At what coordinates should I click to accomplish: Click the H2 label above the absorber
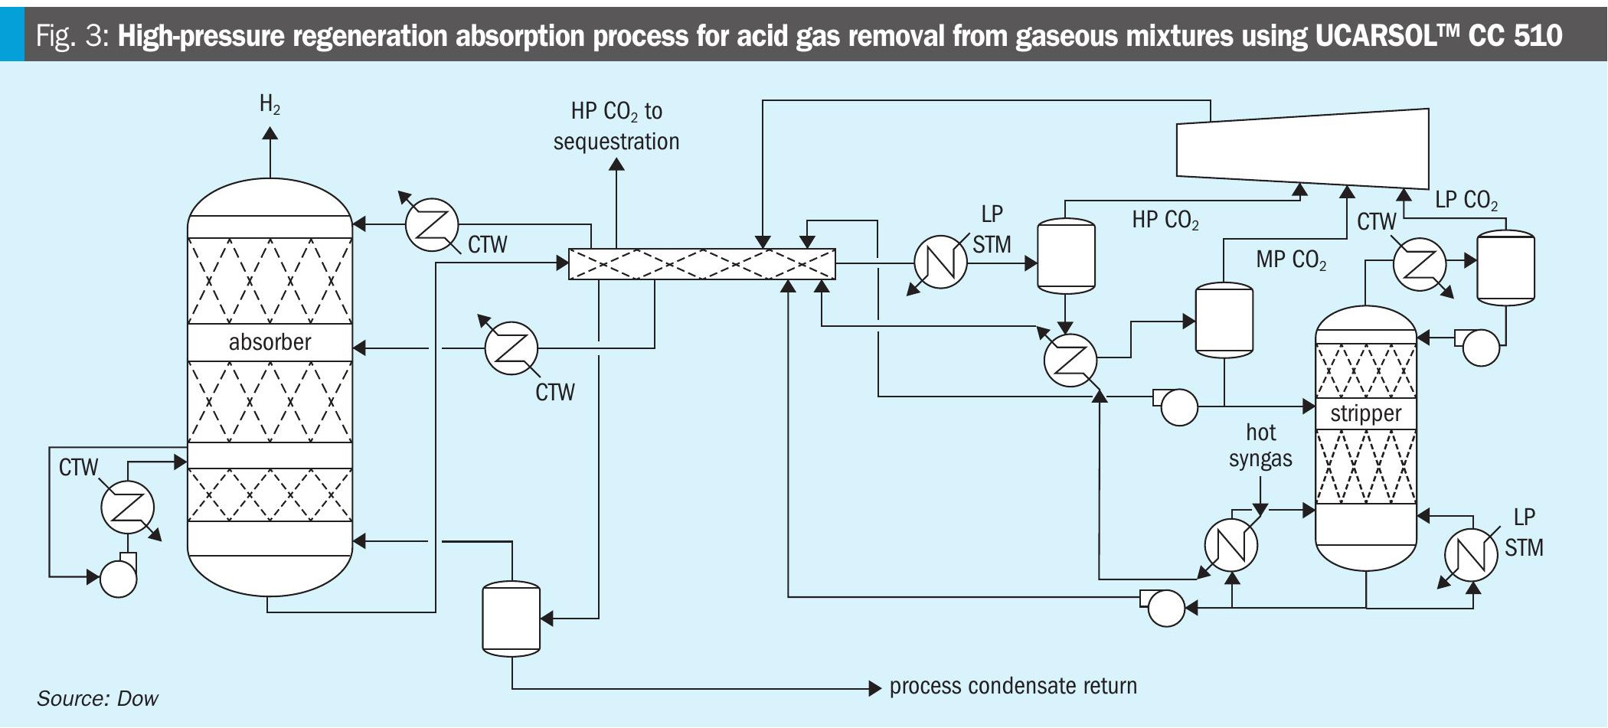[x=270, y=104]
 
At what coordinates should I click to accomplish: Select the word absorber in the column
[x=270, y=341]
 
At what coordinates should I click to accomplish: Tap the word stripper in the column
[x=1365, y=413]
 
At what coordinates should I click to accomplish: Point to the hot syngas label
[x=1260, y=446]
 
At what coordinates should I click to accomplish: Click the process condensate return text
[x=1012, y=686]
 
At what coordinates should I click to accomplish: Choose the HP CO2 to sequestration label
[x=616, y=126]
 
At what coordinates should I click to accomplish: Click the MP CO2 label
[x=1291, y=260]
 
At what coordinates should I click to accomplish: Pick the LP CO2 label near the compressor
[x=1466, y=200]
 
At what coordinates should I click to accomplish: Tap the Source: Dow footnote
[x=97, y=698]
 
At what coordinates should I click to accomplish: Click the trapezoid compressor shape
[x=1302, y=148]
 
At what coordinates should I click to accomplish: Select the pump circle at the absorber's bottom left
[x=118, y=579]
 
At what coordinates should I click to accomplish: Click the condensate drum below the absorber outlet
[x=511, y=619]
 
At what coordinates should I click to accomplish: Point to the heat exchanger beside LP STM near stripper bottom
[x=1471, y=554]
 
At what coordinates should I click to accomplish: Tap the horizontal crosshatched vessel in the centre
[x=701, y=264]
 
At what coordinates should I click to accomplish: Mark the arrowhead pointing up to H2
[x=270, y=133]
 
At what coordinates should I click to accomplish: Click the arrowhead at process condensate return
[x=875, y=688]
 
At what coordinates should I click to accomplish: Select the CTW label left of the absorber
[x=78, y=467]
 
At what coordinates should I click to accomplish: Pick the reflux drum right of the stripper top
[x=1505, y=268]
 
